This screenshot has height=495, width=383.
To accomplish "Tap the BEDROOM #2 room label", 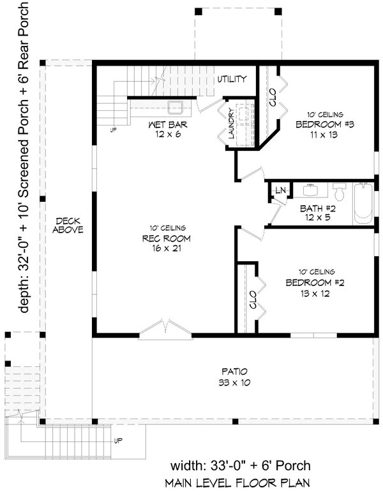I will (315, 282).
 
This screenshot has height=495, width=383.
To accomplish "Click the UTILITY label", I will (232, 79).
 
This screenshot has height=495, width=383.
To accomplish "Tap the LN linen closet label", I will (280, 190).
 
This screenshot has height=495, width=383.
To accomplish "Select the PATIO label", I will (234, 371).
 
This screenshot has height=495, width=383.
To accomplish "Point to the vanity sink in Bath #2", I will (313, 189).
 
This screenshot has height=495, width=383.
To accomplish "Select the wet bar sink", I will (176, 106).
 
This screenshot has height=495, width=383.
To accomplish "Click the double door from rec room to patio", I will (165, 327).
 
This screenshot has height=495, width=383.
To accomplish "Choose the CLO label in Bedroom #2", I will (253, 300).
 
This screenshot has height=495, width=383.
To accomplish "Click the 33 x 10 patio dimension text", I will (234, 383).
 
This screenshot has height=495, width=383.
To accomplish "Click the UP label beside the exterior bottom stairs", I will (118, 441).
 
